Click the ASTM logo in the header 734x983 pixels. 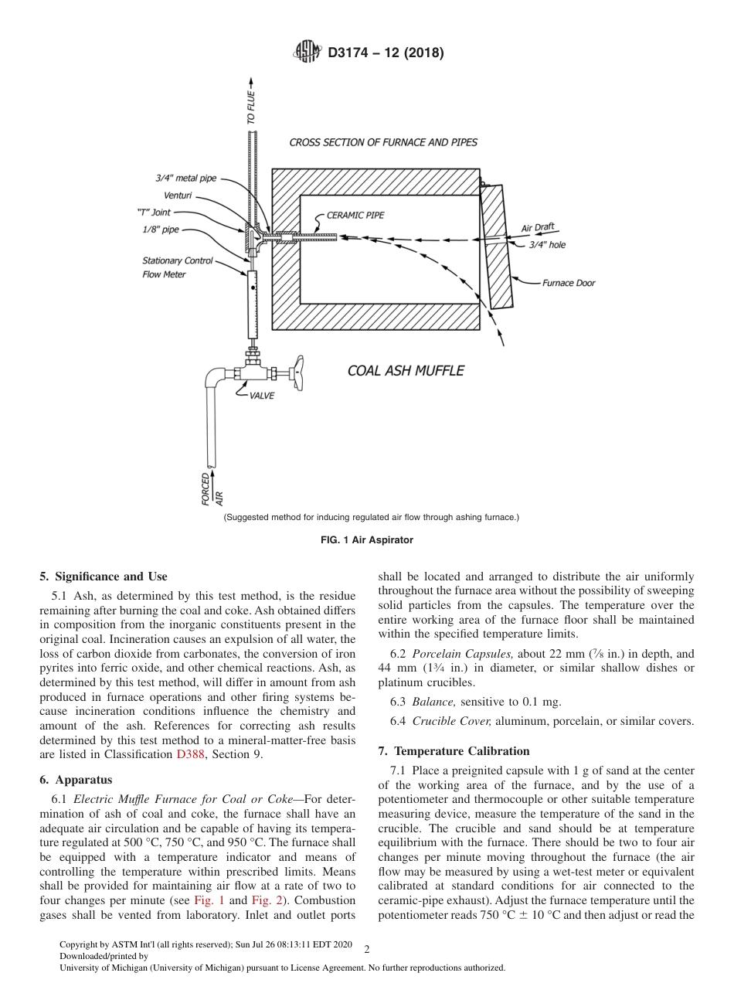coord(308,53)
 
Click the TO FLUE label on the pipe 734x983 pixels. coord(250,107)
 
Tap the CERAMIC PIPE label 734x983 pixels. coord(355,216)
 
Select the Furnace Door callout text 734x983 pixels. coord(568,283)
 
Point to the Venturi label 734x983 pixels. coord(178,195)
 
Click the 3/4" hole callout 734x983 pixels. coord(546,245)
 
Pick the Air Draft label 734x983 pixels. coord(539,228)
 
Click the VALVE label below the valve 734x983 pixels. coord(261,396)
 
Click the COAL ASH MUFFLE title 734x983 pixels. coord(406,371)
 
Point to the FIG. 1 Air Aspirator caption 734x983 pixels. coord(366,540)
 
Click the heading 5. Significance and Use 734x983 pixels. coord(103,577)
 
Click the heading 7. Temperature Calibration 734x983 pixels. coord(454,751)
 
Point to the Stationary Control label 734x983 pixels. coord(177,260)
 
